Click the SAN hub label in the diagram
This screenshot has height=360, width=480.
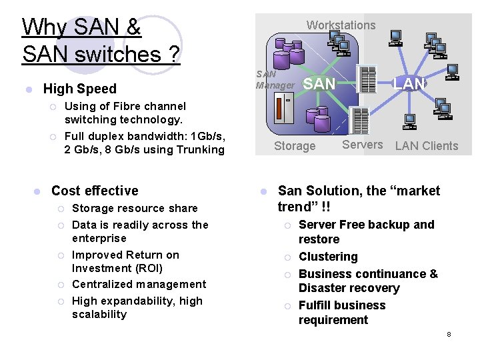319,83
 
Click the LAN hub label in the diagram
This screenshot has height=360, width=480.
409,83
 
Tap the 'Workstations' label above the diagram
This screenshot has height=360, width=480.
341,25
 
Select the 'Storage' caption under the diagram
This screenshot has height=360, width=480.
295,146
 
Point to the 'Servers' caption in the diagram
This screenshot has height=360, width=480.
362,145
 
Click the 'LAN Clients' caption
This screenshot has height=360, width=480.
427,146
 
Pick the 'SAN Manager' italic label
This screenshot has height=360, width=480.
275,79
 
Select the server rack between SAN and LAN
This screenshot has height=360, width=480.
365,79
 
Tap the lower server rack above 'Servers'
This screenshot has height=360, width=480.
360,120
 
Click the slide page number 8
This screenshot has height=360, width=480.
449,334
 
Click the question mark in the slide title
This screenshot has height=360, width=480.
173,53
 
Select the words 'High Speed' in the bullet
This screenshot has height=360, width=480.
79,89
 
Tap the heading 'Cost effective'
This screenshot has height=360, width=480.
95,191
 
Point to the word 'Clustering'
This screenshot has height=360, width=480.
328,257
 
